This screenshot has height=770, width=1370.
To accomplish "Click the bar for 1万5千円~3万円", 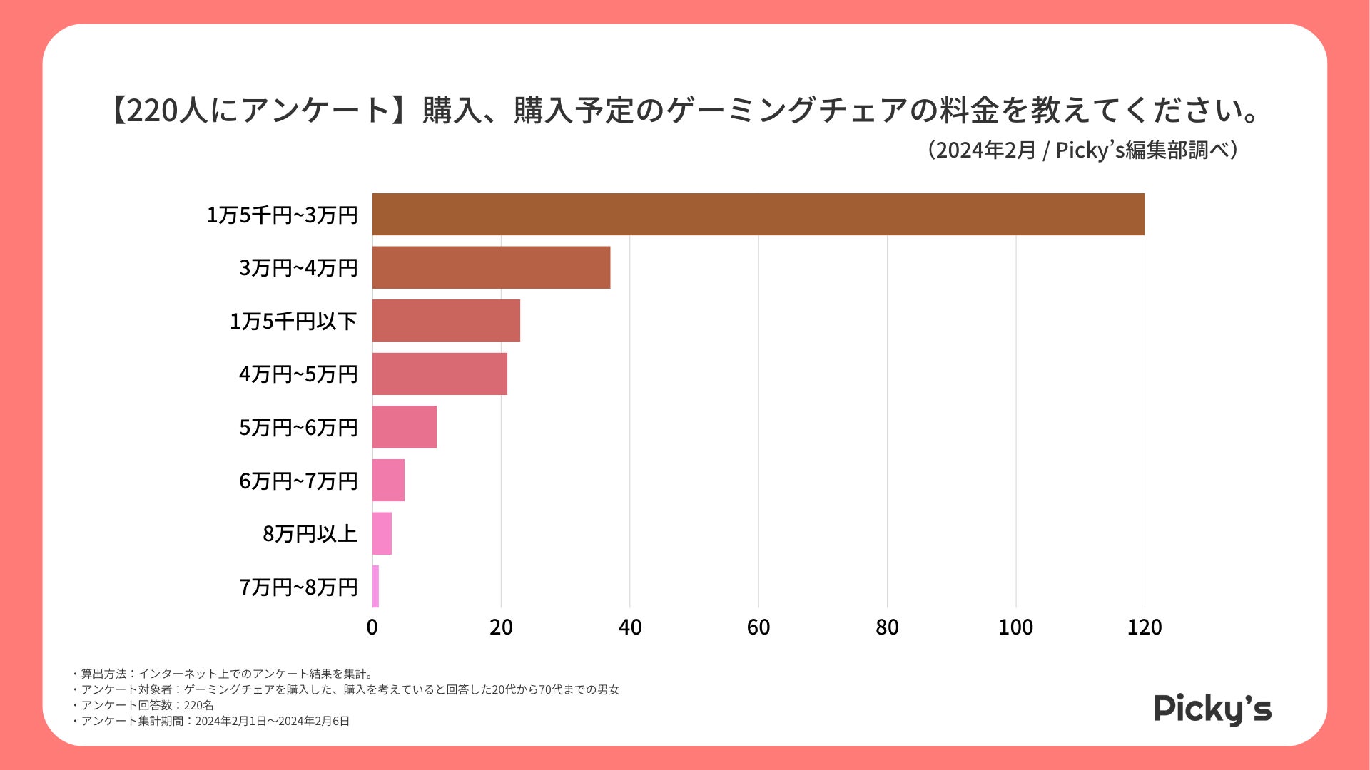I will (x=758, y=214).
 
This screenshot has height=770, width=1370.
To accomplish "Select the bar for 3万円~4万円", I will (x=491, y=267).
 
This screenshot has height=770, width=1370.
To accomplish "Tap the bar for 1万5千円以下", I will (x=446, y=320).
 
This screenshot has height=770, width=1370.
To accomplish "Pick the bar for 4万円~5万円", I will (x=440, y=374).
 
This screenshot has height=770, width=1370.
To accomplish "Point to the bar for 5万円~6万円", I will (x=404, y=427).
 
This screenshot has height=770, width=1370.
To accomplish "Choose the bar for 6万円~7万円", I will (x=388, y=480).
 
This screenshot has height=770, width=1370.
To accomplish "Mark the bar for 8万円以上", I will (x=382, y=533).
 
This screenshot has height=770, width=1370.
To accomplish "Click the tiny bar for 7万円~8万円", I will (x=375, y=586).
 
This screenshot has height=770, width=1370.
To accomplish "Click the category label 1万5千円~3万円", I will (x=282, y=215).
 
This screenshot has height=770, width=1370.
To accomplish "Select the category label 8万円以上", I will (x=310, y=533).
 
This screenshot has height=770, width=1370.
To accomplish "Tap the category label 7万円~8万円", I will (x=298, y=587).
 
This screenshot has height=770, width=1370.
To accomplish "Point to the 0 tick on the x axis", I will (x=372, y=627).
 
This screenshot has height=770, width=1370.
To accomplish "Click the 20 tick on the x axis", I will (x=501, y=627).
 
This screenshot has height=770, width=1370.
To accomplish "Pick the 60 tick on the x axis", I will (x=758, y=627).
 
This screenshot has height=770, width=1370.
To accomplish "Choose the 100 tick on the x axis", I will (x=1015, y=627).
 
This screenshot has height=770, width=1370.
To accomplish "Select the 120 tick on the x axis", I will (x=1145, y=627).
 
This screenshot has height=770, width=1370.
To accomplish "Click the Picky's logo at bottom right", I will (x=1212, y=709).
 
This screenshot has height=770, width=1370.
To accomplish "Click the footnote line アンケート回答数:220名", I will (x=145, y=705).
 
